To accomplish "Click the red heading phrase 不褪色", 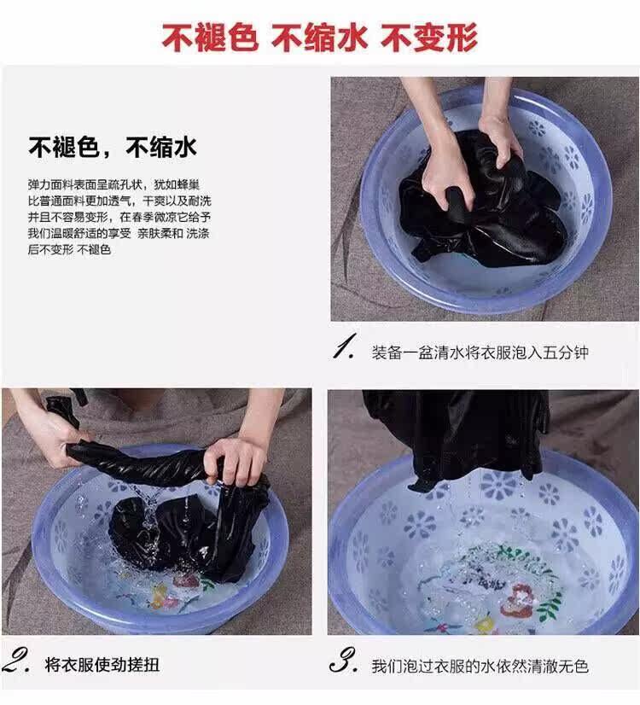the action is tap(210, 37).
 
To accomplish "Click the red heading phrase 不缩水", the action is tap(319, 37).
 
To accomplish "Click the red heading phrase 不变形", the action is tap(429, 37).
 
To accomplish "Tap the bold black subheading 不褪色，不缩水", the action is tap(113, 147).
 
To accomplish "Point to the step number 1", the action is tap(345, 347).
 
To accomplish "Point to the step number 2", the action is tap(16, 661).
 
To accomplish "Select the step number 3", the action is tap(344, 661).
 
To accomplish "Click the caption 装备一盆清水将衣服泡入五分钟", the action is tap(480, 352).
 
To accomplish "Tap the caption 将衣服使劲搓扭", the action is tap(102, 665).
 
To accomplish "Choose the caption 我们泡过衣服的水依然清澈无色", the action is tap(480, 666).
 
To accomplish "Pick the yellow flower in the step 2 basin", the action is tap(159, 597).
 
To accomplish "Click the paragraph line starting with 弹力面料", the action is tap(113, 184).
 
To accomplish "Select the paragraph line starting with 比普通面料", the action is tap(119, 201).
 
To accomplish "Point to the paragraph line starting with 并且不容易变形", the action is tap(119, 217).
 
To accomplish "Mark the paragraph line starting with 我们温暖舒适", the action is tap(119, 233).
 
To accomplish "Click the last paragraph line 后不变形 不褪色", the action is tap(69, 249).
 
